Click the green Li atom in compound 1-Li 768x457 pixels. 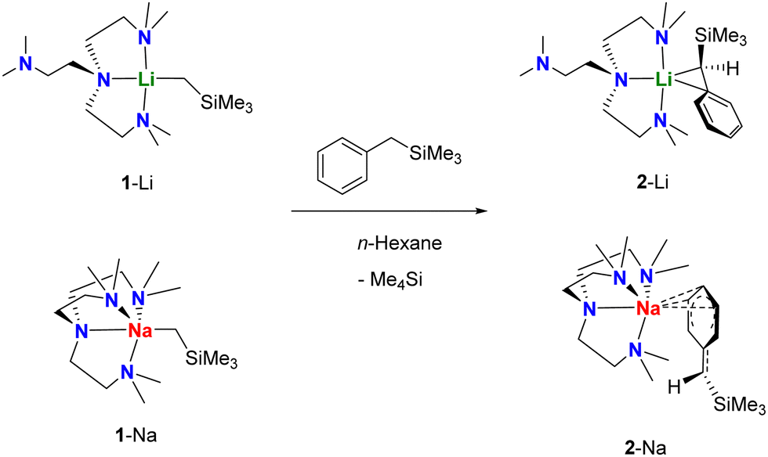[145, 80]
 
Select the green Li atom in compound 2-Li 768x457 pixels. [665, 80]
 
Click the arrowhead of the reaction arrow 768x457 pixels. [478, 212]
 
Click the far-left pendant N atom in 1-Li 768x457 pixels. [27, 67]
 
